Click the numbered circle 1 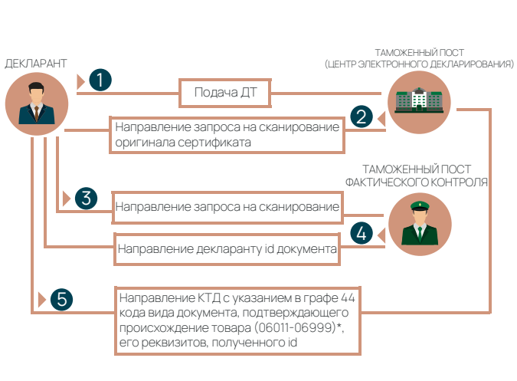click(100, 80)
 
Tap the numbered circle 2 click(361, 117)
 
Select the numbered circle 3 click(87, 198)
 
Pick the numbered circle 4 click(361, 232)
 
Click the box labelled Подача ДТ click(225, 94)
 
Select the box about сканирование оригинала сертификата click(227, 135)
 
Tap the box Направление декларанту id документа click(227, 249)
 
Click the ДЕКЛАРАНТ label click(36, 63)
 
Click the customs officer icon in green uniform click(417, 225)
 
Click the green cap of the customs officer click(417, 205)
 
